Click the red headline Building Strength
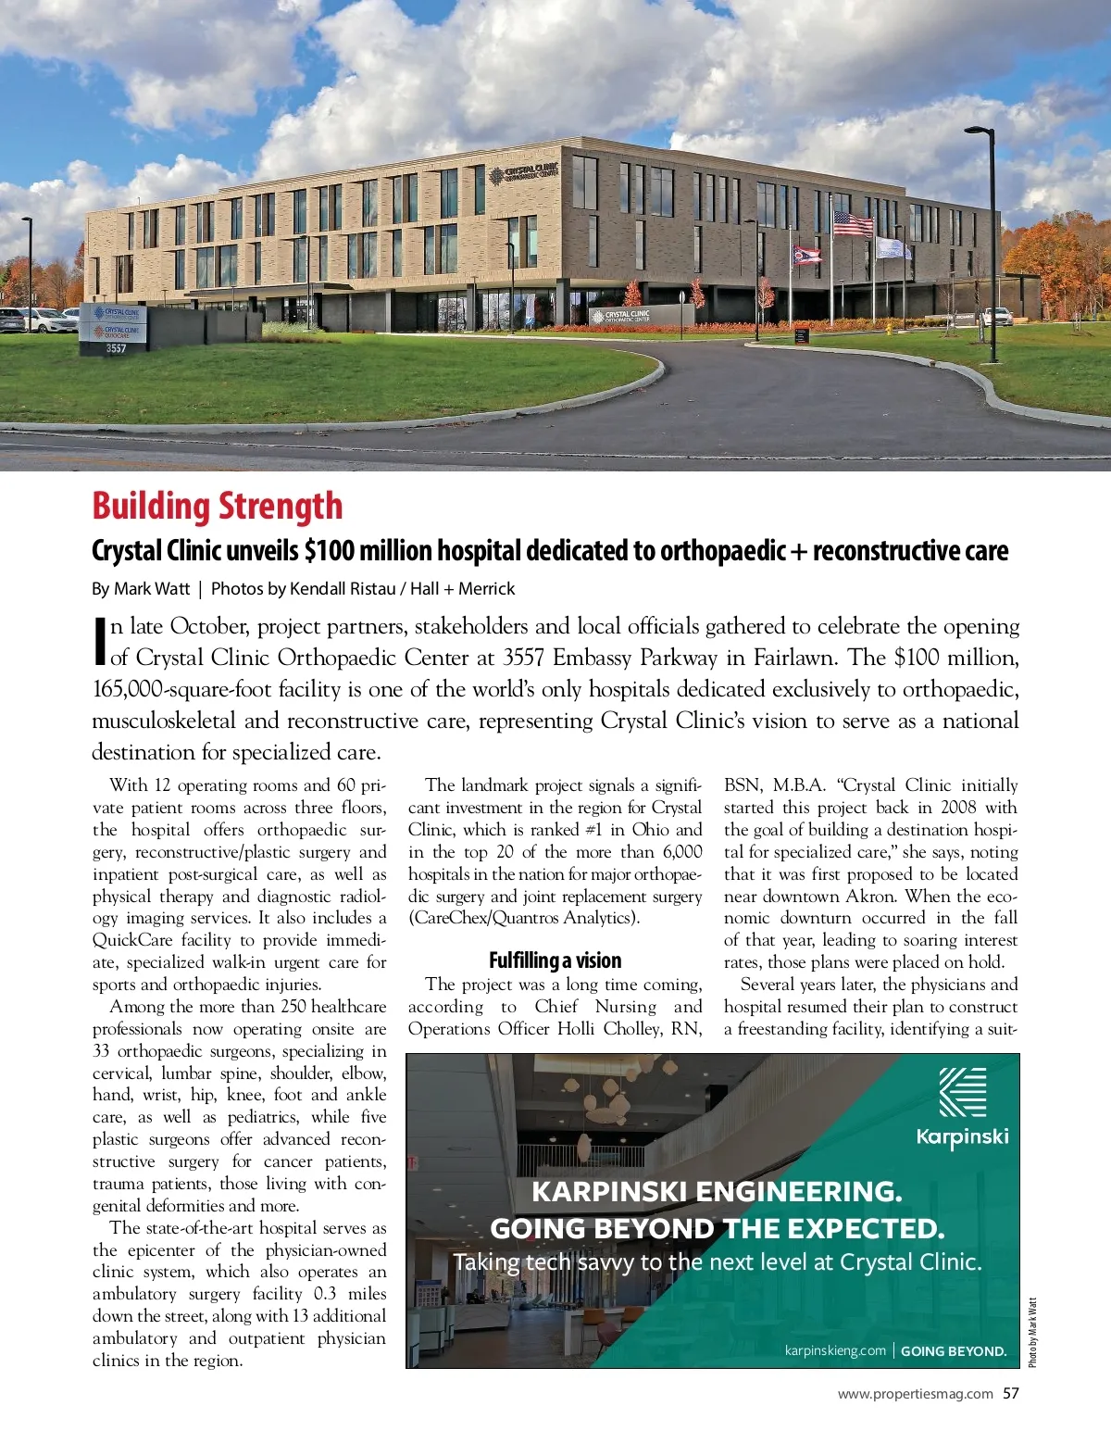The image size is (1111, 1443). pos(217,507)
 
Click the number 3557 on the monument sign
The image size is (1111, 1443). pos(116,348)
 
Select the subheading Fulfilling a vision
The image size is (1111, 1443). pos(555,960)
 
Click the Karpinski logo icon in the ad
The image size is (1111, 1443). pos(962,1092)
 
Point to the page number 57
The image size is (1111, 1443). pos(1010,1393)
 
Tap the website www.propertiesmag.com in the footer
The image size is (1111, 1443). pos(915,1394)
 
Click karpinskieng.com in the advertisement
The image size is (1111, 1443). pos(835,1350)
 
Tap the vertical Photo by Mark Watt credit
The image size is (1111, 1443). pos(1032,1332)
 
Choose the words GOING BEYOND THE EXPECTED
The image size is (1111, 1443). pos(717,1228)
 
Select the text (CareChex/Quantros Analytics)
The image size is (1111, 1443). pos(524,918)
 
